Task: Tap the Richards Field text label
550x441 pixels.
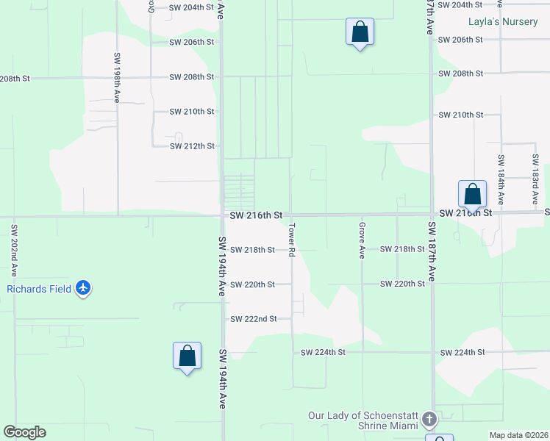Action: click(x=40, y=289)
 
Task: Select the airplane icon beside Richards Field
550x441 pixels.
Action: click(x=83, y=288)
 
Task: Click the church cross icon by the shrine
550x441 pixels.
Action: click(x=430, y=420)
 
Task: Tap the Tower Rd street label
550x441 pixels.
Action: click(x=292, y=240)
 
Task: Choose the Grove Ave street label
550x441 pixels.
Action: click(x=362, y=240)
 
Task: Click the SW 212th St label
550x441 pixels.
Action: click(x=192, y=146)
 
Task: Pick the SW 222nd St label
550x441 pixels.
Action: click(x=253, y=319)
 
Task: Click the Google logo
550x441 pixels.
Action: click(x=24, y=432)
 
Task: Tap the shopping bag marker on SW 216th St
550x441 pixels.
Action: click(x=472, y=194)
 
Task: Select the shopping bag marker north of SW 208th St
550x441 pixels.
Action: click(x=360, y=32)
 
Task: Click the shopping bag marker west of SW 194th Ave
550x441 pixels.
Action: click(x=187, y=356)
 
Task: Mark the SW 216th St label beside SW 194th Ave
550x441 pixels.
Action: click(x=256, y=215)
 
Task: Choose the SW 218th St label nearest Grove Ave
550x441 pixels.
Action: click(x=401, y=250)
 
